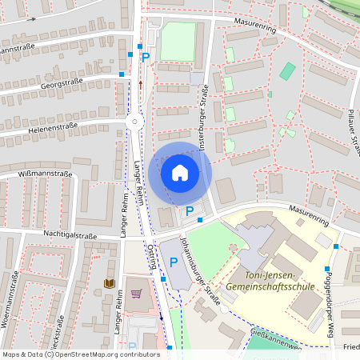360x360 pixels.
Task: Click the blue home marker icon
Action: tap(180, 173)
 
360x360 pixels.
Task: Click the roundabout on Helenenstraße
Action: tap(134, 122)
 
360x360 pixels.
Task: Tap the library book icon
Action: tap(110, 283)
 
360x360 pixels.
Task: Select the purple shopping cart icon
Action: tap(136, 294)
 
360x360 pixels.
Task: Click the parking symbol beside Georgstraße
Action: tap(146, 58)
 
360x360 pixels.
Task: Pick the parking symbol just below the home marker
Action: tap(190, 211)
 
